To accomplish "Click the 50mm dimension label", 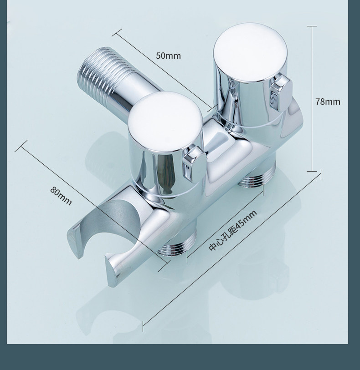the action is pos(168,56).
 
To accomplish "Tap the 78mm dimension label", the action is pos(328,101).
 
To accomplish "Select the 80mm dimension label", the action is pos(61,196).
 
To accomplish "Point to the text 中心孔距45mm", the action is pos(233,231).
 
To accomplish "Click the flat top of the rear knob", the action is pos(250,52).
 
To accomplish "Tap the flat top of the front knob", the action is pos(165,121).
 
